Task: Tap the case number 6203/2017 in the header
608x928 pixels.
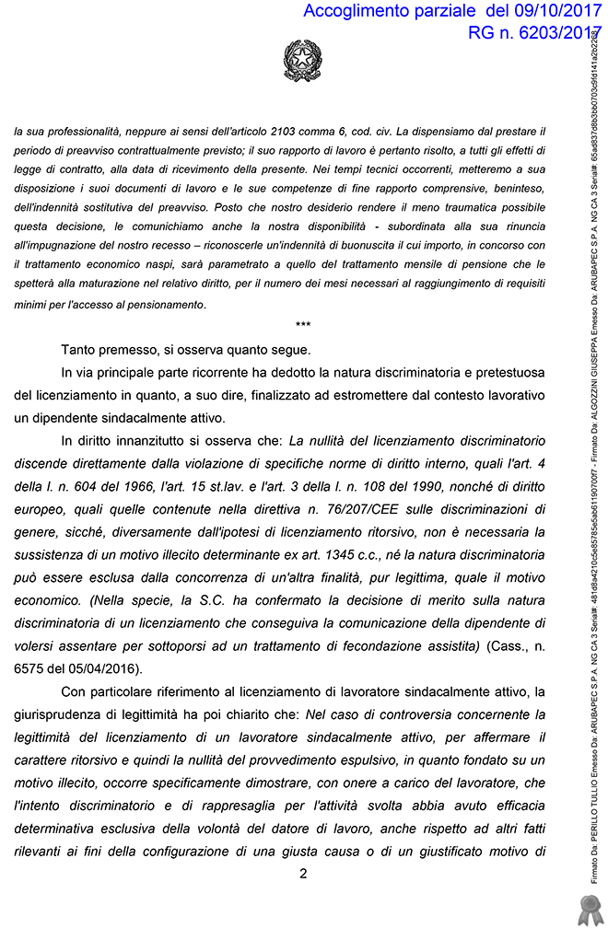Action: click(551, 34)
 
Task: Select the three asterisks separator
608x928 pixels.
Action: click(303, 326)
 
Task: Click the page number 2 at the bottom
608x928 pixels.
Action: click(303, 874)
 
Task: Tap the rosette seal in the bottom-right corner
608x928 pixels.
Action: click(587, 908)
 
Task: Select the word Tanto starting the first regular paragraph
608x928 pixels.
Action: click(79, 350)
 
